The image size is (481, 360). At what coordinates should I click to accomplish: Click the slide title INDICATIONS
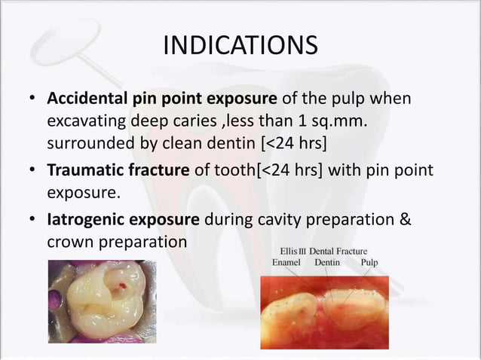point(240,44)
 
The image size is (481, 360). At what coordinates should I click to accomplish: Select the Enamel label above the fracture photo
point(286,263)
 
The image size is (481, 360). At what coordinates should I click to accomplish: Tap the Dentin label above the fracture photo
point(327,263)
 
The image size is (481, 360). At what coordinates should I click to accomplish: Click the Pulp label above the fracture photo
point(369,263)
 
